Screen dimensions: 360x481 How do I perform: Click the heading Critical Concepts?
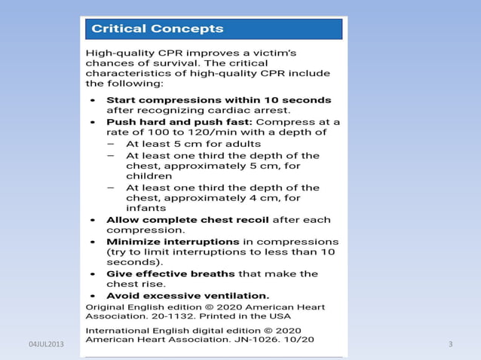(x=158, y=29)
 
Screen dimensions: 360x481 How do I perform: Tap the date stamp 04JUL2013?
(x=46, y=344)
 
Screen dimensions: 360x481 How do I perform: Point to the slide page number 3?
(x=450, y=344)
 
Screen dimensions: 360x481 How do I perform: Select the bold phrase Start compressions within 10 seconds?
(x=219, y=99)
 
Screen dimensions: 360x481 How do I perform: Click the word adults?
(x=241, y=143)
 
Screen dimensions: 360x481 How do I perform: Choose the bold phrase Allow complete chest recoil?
(x=187, y=220)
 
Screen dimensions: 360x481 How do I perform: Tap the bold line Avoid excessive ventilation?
(x=188, y=296)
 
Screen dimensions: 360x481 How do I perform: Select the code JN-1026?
(x=259, y=340)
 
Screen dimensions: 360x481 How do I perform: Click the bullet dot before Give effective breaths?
(x=92, y=275)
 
